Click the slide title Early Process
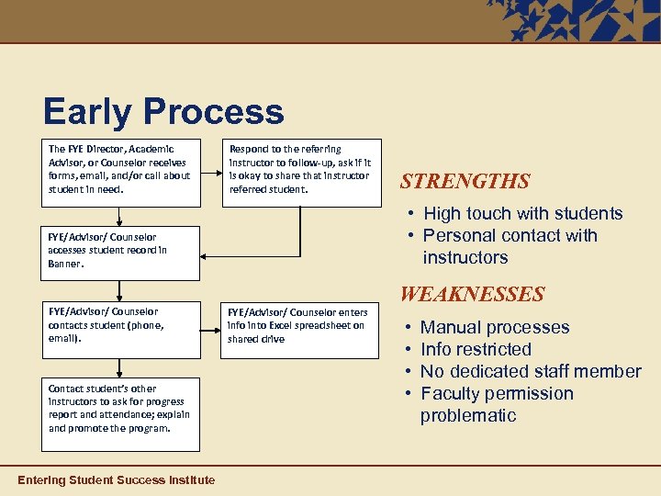point(163,112)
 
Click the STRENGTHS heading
point(465,182)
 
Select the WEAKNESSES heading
point(471,295)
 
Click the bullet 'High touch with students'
point(522,214)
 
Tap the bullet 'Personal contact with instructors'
point(510,246)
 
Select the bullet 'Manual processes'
point(494,328)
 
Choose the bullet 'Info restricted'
point(476,350)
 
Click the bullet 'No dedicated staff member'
point(531,372)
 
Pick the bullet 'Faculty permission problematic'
point(497,404)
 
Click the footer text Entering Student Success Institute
point(117,480)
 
